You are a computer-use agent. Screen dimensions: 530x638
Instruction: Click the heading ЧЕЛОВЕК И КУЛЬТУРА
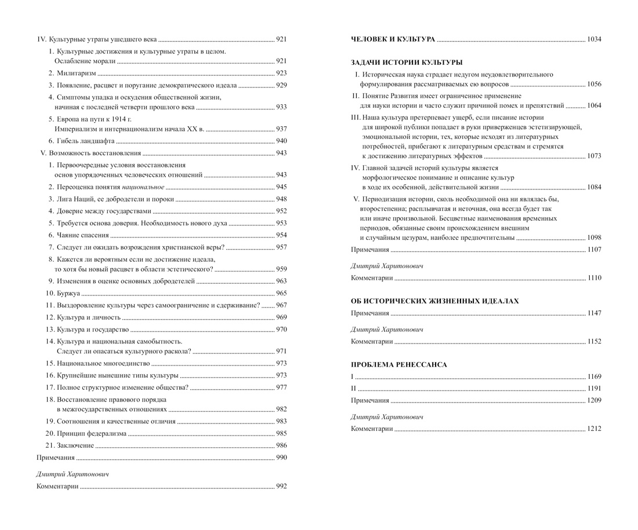point(393,39)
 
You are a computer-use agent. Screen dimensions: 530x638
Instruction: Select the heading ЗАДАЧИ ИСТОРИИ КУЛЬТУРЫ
point(407,63)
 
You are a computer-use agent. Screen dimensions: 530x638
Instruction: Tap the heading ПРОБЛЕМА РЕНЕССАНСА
point(399,365)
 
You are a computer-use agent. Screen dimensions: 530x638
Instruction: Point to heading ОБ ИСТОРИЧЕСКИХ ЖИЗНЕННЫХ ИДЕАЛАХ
point(435,301)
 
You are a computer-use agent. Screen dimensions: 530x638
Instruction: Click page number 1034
point(594,39)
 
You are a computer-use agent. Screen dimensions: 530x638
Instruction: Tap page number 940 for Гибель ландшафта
point(281,141)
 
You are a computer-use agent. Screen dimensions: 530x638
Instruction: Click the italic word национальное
point(143,187)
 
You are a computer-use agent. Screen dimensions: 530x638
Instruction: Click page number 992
point(281,487)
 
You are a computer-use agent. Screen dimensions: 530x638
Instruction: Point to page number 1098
point(594,237)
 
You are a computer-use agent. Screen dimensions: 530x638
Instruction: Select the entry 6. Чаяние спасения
point(78,235)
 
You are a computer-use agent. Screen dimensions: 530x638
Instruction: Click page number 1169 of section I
point(594,377)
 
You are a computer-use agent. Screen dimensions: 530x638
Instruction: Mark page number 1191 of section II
point(594,389)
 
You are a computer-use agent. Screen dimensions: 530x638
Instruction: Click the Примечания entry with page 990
point(56,458)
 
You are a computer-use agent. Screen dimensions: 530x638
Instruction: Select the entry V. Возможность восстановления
point(90,153)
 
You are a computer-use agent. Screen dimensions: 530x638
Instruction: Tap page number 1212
point(594,429)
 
